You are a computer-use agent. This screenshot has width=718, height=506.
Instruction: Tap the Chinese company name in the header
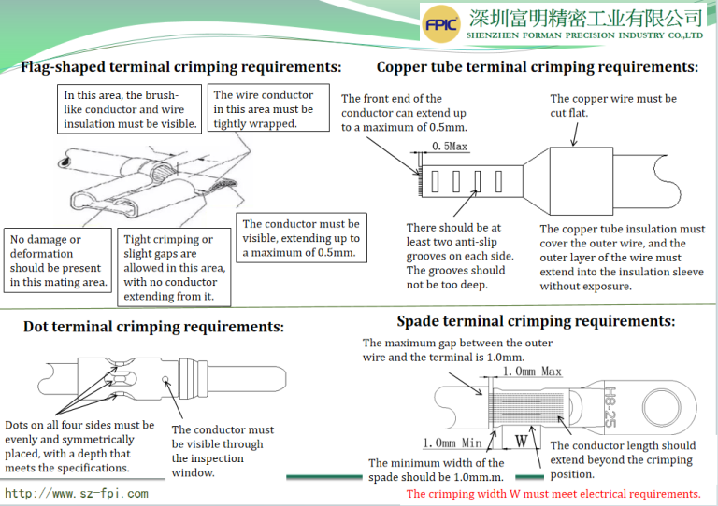click(584, 17)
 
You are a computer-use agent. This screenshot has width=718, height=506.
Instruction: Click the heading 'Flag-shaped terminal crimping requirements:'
click(180, 67)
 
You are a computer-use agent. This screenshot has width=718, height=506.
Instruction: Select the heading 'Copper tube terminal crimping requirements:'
click(537, 67)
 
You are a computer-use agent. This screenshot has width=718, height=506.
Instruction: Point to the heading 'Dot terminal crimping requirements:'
click(153, 327)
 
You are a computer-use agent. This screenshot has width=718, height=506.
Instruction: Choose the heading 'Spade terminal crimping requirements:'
click(536, 321)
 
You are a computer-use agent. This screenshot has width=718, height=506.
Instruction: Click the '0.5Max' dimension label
click(450, 147)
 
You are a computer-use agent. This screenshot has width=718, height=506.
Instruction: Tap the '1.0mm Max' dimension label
click(532, 371)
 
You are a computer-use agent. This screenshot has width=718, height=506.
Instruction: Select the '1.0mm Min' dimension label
click(453, 443)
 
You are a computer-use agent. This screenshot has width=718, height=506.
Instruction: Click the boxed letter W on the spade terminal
click(522, 436)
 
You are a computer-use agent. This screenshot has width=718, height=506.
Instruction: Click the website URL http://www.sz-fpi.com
click(77, 493)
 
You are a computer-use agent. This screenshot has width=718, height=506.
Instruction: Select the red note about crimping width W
click(553, 493)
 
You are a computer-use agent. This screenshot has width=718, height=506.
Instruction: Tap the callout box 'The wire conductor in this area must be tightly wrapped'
click(264, 109)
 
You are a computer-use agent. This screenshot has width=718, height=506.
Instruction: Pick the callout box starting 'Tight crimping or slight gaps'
click(173, 268)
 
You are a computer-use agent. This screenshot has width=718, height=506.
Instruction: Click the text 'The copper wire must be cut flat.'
click(613, 105)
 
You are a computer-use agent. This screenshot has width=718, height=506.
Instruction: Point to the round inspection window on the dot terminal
click(165, 380)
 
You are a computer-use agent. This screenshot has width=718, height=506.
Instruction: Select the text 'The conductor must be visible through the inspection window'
click(223, 451)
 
